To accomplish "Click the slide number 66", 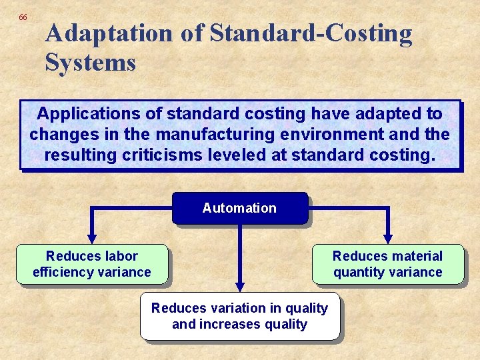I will [23, 17].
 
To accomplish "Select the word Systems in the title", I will [91, 63].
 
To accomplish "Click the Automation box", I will [239, 208].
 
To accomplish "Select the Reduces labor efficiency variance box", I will [92, 264].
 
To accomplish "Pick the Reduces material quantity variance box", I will [387, 264].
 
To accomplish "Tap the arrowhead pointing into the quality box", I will [239, 285].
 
